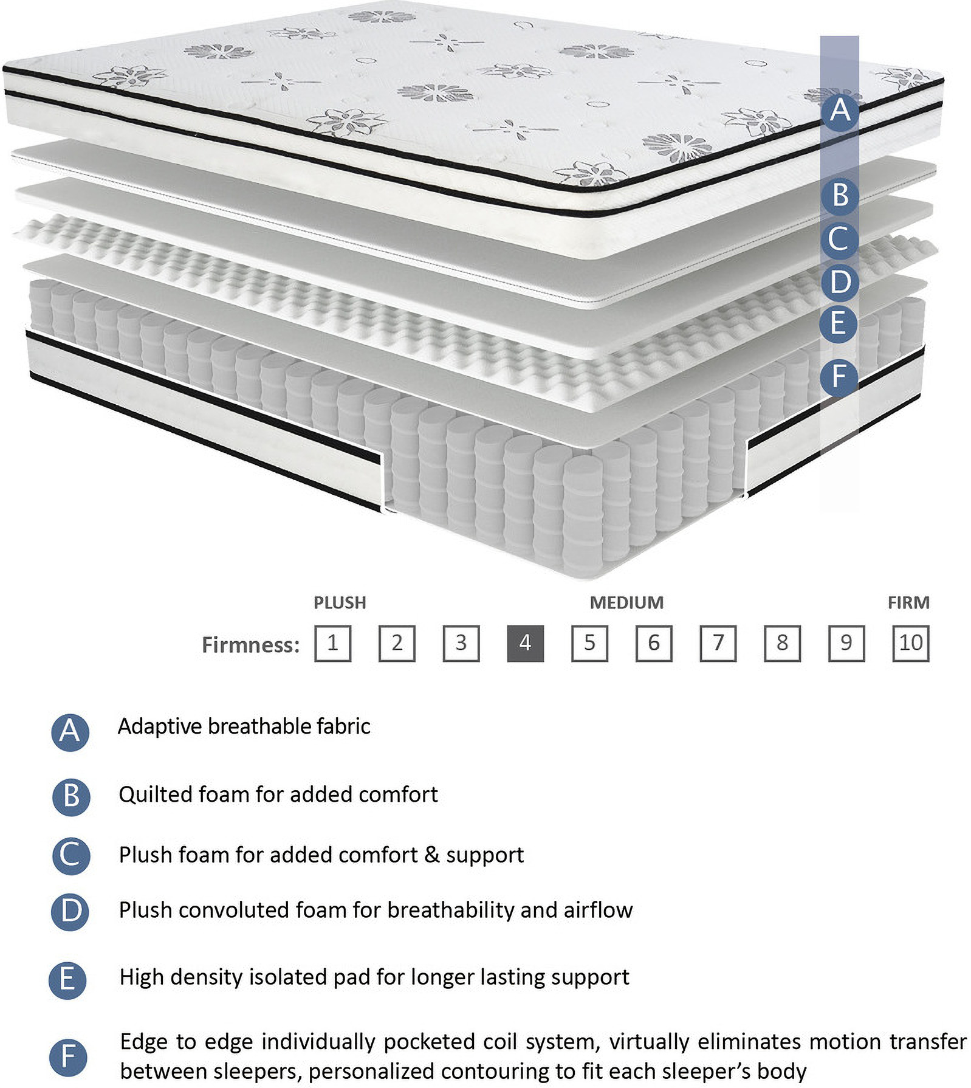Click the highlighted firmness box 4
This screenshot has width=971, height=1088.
[525, 643]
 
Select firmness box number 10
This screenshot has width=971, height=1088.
[910, 643]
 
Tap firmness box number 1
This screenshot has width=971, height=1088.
[332, 643]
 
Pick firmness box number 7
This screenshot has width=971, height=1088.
[718, 643]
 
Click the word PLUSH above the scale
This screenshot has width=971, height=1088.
[340, 603]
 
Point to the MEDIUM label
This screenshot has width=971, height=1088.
[626, 603]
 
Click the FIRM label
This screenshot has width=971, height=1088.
[908, 603]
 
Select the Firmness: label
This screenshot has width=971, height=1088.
[250, 645]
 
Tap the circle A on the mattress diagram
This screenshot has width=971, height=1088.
[840, 111]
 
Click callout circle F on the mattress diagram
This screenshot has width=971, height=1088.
[839, 376]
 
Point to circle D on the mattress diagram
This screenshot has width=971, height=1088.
[840, 282]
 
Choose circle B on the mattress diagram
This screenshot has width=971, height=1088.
[840, 195]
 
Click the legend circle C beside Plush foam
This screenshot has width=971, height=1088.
[70, 855]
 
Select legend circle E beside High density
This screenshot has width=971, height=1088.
[67, 980]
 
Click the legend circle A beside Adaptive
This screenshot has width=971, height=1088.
[70, 732]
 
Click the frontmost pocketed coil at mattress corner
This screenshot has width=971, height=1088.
[582, 517]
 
